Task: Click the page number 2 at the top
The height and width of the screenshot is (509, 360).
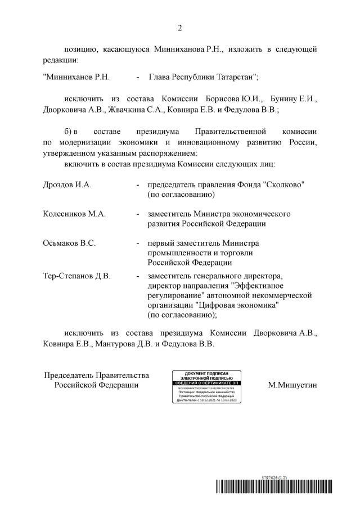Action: [180, 28]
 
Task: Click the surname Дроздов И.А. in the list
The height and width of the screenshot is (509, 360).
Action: [67, 185]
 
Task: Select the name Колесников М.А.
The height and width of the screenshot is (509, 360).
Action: [74, 214]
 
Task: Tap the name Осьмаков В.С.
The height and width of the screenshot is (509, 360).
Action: [69, 243]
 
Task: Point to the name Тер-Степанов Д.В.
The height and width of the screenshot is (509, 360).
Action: [76, 276]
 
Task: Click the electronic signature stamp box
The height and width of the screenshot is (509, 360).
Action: [209, 387]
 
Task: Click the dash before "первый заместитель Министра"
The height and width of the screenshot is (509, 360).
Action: [138, 243]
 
